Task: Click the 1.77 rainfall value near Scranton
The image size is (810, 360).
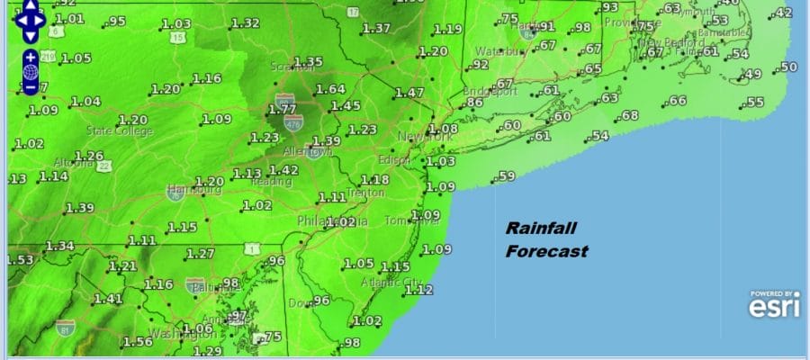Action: [x=283, y=109]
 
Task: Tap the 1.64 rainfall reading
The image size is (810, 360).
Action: [x=331, y=88]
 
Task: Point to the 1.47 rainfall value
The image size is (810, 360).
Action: [x=409, y=92]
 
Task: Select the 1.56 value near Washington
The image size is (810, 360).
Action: [x=138, y=341]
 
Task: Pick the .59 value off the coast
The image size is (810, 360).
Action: [x=507, y=175]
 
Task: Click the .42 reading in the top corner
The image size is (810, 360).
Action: [x=784, y=13]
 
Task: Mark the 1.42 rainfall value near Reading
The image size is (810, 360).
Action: [x=284, y=170]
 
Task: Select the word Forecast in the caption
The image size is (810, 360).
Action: [x=546, y=251]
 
